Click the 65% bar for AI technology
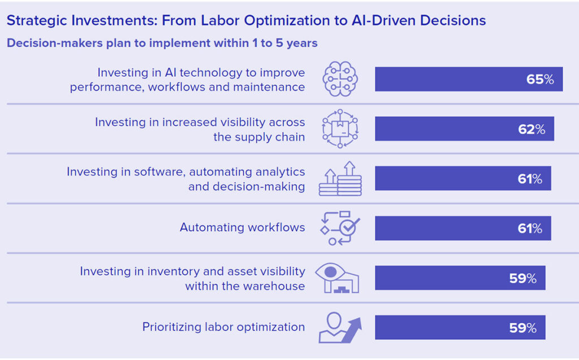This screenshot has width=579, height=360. (469, 79)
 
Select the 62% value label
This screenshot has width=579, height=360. (532, 129)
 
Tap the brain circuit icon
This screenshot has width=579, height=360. (340, 79)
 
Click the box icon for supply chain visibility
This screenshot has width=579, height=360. (340, 128)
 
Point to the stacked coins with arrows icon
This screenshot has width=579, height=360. (340, 179)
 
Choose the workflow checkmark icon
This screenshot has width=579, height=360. (340, 228)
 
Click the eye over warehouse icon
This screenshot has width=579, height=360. (337, 278)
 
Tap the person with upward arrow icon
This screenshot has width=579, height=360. (340, 328)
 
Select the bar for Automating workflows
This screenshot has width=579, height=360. (463, 228)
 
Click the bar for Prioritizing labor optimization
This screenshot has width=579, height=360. (460, 328)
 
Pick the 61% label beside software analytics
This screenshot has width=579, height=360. (529, 179)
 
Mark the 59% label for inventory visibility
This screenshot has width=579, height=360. (522, 278)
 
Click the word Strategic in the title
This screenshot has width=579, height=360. (37, 21)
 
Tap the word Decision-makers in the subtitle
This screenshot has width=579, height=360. (55, 43)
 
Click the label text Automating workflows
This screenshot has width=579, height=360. (242, 227)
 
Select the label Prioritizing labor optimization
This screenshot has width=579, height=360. (223, 327)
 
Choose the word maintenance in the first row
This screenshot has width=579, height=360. (269, 87)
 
